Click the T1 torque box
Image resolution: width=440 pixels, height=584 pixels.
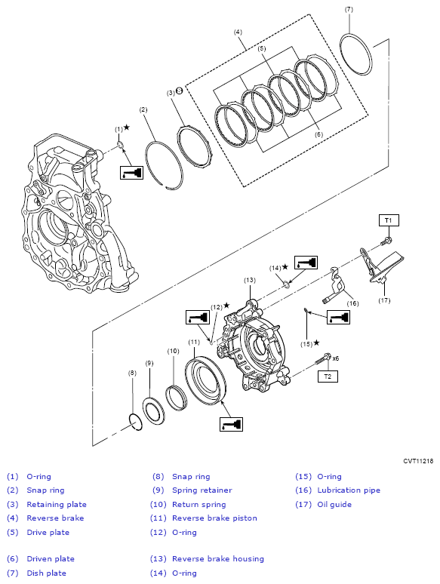[389, 220]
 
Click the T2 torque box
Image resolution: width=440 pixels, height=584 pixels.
[328, 377]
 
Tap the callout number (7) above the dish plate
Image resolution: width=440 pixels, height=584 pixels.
[349, 10]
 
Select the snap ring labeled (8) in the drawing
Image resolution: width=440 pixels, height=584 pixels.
[135, 422]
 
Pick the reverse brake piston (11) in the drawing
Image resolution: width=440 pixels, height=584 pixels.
[205, 380]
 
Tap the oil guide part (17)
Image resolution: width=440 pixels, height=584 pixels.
[382, 270]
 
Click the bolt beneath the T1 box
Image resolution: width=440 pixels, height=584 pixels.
[386, 241]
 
